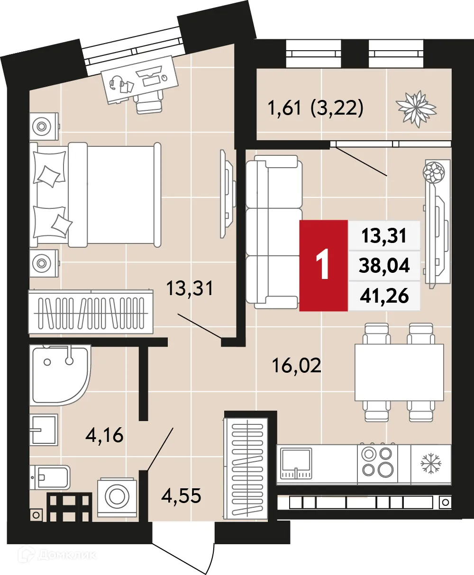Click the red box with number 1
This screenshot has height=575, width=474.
324,266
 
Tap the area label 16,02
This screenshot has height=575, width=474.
297,365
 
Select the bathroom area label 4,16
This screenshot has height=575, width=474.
104,434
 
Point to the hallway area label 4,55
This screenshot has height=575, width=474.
181,496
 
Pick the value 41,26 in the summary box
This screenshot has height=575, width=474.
384,296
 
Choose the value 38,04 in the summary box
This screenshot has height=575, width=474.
384,266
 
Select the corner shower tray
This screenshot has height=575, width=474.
59,375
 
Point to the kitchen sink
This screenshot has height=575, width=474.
296,463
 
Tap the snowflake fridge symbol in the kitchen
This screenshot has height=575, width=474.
431,463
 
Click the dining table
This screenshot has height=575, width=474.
399,372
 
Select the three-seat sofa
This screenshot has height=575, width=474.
274,234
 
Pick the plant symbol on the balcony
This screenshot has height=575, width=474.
416,108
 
